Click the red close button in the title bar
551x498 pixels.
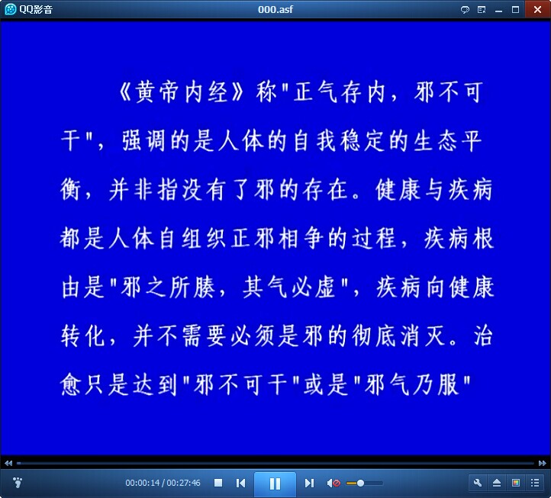point(538,9)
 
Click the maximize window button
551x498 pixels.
point(515,9)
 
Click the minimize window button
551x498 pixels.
point(498,10)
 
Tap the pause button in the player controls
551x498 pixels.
point(275,484)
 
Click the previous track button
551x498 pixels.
point(240,484)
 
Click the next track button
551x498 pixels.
point(309,484)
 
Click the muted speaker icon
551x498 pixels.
point(333,484)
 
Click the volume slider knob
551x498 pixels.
point(360,484)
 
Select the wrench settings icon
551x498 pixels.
point(478,483)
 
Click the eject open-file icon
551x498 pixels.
point(497,483)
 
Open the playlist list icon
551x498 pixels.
point(535,483)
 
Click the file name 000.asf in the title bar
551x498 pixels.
point(275,9)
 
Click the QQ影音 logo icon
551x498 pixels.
point(10,9)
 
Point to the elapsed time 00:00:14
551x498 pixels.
point(142,484)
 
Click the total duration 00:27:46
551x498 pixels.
point(183,484)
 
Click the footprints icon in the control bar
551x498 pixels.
point(18,483)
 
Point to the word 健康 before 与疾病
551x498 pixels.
point(398,190)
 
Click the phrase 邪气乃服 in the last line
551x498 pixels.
point(412,385)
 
